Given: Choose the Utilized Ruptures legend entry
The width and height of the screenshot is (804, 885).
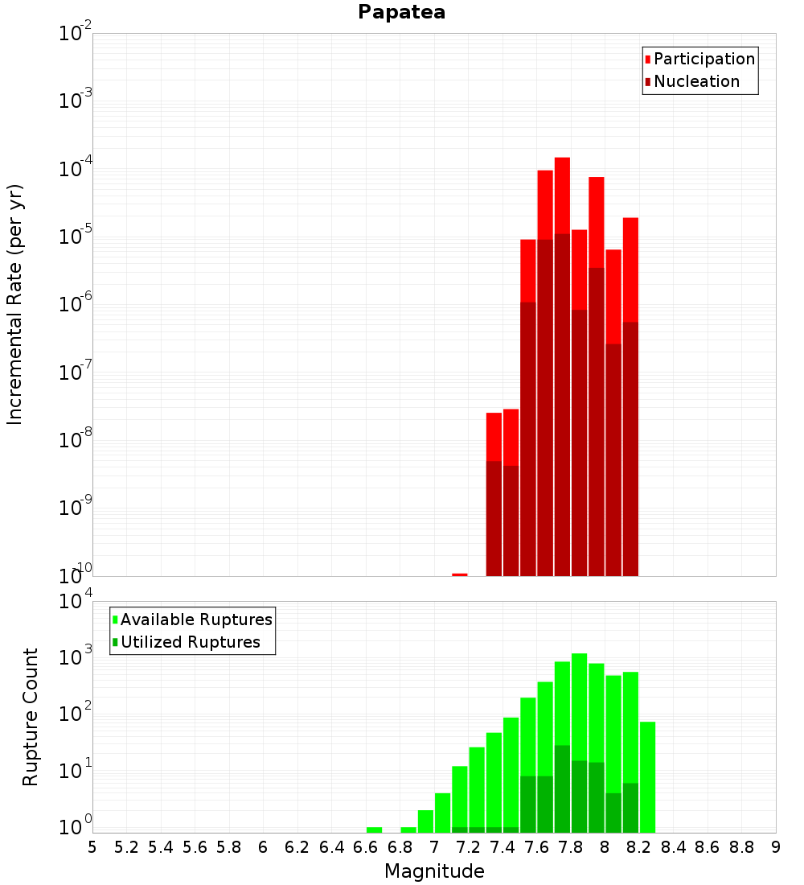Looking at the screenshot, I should [190, 642].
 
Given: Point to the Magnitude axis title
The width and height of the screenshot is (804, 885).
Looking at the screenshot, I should [434, 871].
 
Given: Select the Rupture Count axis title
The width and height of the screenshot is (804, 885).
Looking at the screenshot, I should [31, 717].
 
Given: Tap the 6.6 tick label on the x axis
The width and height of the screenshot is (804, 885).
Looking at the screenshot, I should [366, 847].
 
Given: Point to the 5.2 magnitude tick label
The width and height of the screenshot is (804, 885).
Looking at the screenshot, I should [127, 847].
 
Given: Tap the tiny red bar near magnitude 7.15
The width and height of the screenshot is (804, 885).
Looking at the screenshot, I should [460, 574].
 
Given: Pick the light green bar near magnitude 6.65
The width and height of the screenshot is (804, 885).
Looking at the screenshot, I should [374, 829].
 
